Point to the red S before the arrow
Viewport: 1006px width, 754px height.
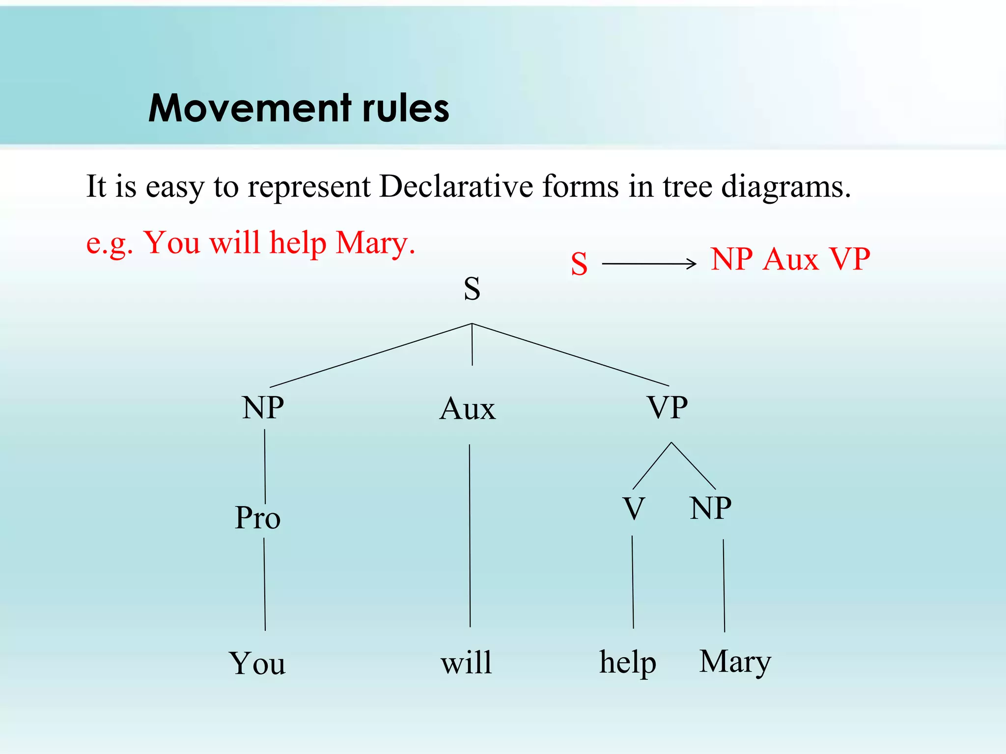coord(579,264)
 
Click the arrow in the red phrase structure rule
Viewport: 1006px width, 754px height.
coord(649,264)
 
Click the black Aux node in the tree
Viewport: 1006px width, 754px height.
coord(467,409)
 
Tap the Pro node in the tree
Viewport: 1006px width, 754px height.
coord(258,518)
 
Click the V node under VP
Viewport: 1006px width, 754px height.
coord(634,509)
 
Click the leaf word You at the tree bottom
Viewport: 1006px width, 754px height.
coord(257,663)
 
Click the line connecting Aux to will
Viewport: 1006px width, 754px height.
coord(470,535)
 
